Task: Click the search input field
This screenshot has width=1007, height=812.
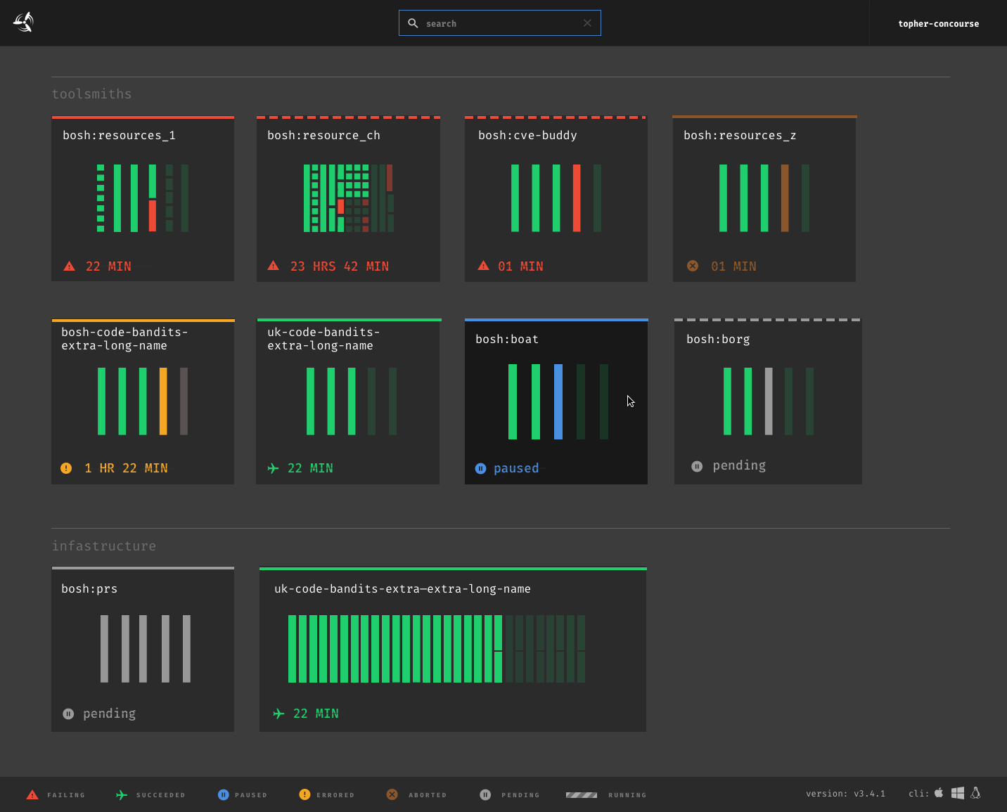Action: [x=499, y=23]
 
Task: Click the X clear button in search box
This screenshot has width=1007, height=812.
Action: [x=587, y=23]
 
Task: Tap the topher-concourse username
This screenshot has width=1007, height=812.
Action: [x=938, y=24]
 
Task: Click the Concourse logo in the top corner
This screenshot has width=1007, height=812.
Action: [x=23, y=22]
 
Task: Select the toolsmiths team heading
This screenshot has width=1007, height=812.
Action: [x=91, y=94]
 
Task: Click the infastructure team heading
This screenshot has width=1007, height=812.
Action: [x=104, y=546]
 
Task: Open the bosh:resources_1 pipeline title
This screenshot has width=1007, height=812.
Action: [x=119, y=136]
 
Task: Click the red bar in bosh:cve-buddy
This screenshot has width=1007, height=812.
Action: [x=577, y=198]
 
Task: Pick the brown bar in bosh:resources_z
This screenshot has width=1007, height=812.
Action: [x=785, y=198]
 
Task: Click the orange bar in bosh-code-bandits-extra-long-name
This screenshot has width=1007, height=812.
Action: [x=163, y=401]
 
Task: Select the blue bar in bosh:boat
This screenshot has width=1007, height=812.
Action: [x=558, y=401]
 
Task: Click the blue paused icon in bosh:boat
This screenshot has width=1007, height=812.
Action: [x=480, y=468]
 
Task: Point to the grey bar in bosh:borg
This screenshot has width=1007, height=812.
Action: [x=769, y=401]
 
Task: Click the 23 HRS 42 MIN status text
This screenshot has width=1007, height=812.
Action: [x=339, y=266]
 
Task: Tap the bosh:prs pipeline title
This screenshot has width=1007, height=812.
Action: [x=89, y=589]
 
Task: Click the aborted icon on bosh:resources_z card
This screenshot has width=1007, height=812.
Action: [x=693, y=266]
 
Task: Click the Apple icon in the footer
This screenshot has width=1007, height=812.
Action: [x=939, y=793]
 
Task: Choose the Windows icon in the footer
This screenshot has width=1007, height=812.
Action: [x=958, y=793]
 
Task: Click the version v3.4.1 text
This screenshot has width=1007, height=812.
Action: [x=845, y=794]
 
